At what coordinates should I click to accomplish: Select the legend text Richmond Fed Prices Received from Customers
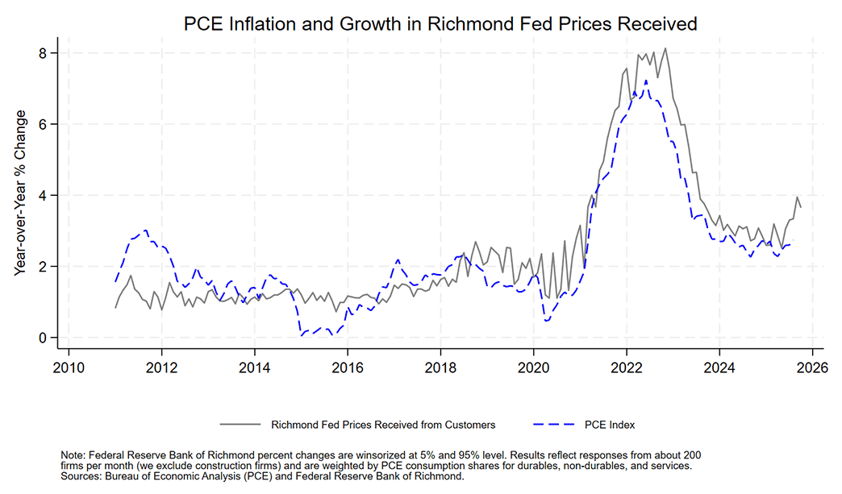[x=383, y=424]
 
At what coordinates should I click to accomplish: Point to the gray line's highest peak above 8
[x=665, y=48]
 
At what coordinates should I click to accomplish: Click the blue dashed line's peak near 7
[x=646, y=81]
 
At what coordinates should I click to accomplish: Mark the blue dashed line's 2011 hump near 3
[x=145, y=230]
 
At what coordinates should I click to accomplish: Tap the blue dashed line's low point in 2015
[x=302, y=334]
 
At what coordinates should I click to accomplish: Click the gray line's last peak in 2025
[x=797, y=197]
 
